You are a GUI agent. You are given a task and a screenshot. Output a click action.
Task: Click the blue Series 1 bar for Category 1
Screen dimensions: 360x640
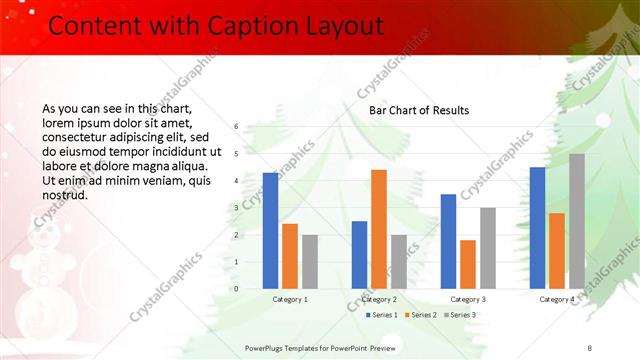coord(270,231)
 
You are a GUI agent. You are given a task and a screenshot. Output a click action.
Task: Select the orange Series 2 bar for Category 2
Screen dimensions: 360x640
coord(379,229)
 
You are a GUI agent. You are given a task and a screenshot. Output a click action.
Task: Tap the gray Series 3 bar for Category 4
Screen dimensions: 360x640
coord(577,221)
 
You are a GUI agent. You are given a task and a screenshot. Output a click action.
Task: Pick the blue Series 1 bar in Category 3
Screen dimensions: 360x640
coord(448,241)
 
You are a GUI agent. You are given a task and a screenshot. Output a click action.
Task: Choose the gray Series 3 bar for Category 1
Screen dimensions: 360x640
coord(310,262)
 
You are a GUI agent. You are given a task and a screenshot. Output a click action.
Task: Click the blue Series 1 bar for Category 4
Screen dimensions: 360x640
coord(537,228)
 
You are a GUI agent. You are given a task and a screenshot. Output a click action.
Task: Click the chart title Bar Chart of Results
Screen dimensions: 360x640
coord(419,110)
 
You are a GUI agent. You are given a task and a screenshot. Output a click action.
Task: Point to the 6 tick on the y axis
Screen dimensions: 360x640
coord(236,127)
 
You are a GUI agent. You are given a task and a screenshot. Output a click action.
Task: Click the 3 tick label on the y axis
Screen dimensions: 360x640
coord(236,208)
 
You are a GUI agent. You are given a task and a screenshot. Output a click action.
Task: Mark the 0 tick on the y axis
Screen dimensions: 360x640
coord(236,289)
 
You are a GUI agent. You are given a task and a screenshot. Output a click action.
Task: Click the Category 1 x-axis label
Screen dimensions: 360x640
coord(290,299)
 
